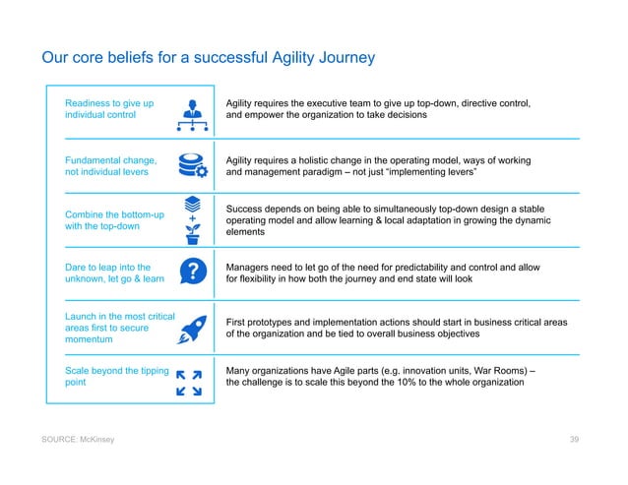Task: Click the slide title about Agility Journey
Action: click(x=208, y=59)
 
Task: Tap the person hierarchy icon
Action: click(x=192, y=112)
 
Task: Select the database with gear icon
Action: click(x=193, y=165)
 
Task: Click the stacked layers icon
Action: click(x=193, y=203)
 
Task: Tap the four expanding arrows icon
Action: click(x=188, y=383)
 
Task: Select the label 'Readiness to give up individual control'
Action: click(x=109, y=108)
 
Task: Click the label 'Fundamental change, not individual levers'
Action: click(x=109, y=165)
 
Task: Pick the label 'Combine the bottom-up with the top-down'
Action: click(x=113, y=220)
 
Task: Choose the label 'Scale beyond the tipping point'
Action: click(x=113, y=377)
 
